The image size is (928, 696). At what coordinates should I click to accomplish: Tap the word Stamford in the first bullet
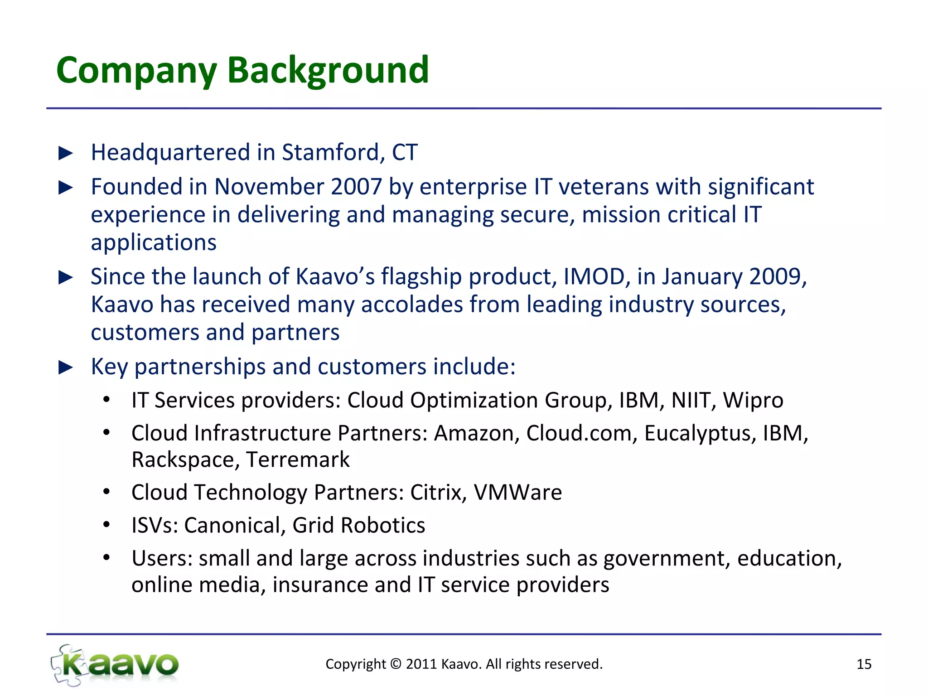(x=330, y=152)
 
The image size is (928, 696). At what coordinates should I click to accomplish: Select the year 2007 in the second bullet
(x=356, y=187)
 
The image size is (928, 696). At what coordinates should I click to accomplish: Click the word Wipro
(x=753, y=401)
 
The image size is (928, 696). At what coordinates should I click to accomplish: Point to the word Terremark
(x=298, y=460)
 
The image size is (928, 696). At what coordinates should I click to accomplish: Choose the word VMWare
(x=517, y=493)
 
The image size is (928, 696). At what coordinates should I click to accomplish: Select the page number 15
(x=864, y=664)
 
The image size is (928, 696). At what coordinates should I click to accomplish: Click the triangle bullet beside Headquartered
(x=66, y=153)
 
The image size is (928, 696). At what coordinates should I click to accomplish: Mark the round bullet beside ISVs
(x=106, y=525)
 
